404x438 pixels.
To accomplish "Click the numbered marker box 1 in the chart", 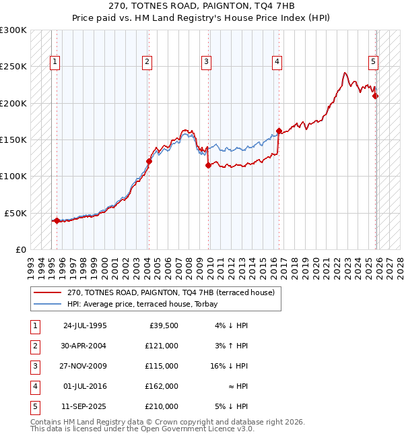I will click(x=55, y=62).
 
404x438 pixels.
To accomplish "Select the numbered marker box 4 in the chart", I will click(x=277, y=62).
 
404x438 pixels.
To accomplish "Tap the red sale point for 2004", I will click(x=149, y=161).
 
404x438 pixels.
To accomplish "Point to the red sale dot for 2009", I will click(x=208, y=165).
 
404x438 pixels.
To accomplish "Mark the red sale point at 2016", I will click(x=279, y=131).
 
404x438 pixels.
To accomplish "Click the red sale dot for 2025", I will click(x=376, y=96).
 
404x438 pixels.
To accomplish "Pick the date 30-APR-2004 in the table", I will click(x=85, y=346).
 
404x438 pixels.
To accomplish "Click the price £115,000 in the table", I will click(x=162, y=366).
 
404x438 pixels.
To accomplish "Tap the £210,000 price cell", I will click(x=162, y=406).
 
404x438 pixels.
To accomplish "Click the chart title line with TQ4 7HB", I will click(x=201, y=5).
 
